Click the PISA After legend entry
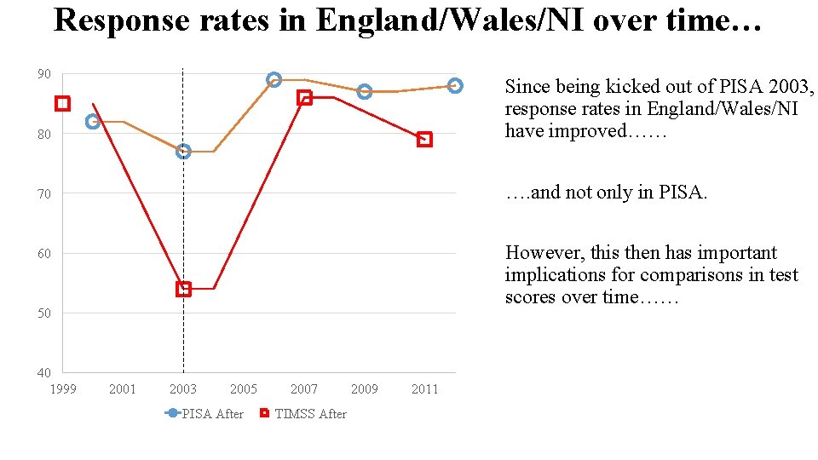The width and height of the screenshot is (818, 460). click(x=204, y=414)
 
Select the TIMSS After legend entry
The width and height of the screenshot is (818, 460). click(x=302, y=414)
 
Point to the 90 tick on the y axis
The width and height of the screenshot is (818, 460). click(x=43, y=74)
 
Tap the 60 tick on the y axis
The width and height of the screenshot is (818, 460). click(x=43, y=253)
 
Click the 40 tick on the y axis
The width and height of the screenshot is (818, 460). click(x=43, y=372)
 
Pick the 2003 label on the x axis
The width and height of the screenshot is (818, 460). click(x=182, y=389)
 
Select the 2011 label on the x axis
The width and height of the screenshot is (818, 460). click(x=424, y=389)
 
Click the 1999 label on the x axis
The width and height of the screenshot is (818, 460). click(x=62, y=389)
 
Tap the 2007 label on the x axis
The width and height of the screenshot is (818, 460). click(x=303, y=389)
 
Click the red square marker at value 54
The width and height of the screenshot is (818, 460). click(x=183, y=289)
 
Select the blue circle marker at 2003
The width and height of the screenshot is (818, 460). click(x=183, y=152)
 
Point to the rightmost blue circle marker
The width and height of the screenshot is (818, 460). click(x=455, y=85)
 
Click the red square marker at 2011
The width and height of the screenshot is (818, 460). click(x=424, y=140)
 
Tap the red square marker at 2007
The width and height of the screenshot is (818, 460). click(x=304, y=98)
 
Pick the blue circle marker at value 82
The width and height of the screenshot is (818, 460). click(x=93, y=122)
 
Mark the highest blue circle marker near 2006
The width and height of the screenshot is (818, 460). click(x=274, y=80)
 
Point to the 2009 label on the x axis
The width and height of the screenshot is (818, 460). click(x=364, y=389)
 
